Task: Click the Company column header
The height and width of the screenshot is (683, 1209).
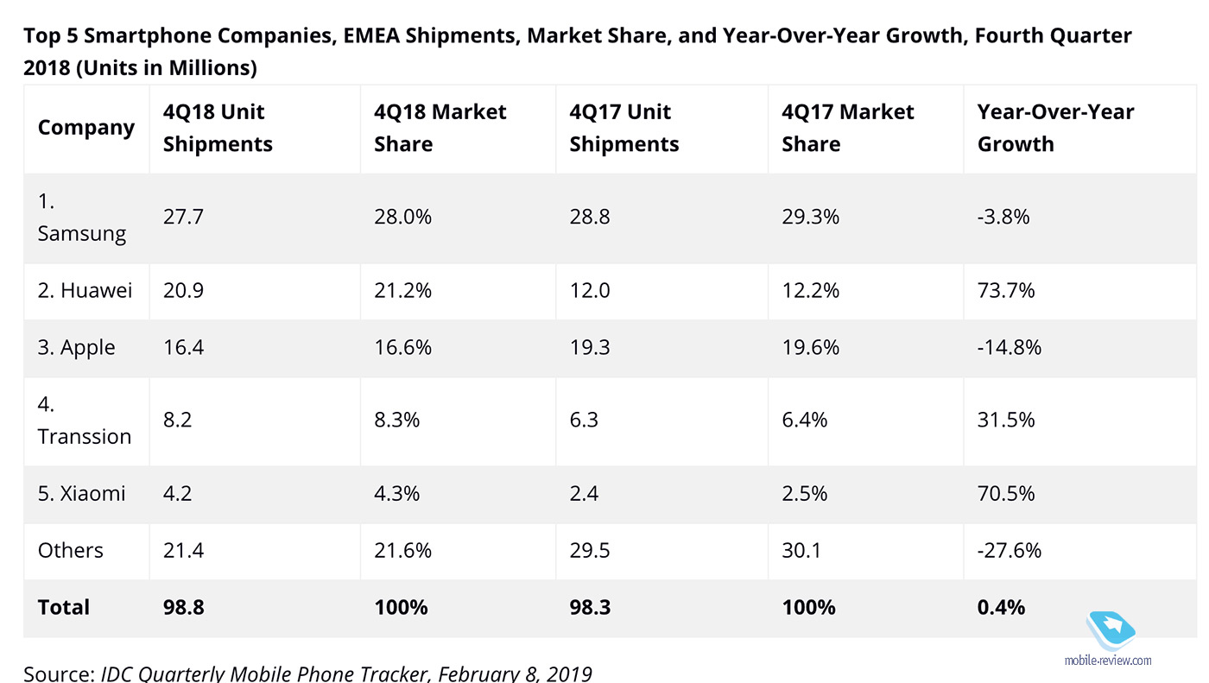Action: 86,128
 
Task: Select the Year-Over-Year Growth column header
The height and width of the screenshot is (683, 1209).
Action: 1055,128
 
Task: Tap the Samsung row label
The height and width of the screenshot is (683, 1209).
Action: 82,218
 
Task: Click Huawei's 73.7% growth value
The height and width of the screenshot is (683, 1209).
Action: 1006,291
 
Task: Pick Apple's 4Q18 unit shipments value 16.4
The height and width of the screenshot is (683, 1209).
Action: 184,348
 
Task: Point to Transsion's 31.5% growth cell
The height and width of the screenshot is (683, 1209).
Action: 1006,421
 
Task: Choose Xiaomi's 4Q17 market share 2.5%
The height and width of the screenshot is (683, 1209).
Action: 805,494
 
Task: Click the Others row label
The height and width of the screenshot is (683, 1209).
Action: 71,551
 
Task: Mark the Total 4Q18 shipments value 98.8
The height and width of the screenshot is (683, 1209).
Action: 184,608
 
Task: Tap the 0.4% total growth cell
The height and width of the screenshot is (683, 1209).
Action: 1001,608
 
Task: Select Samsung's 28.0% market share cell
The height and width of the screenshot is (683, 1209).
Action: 402,217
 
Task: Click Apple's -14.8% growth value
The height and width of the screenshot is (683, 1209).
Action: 1010,348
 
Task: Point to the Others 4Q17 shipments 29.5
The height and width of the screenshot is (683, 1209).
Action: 590,551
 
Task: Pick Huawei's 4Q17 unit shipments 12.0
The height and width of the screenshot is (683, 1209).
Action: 590,291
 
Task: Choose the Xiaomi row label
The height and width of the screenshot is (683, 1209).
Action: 82,494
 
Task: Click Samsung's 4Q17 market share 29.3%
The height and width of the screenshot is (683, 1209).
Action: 810,217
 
